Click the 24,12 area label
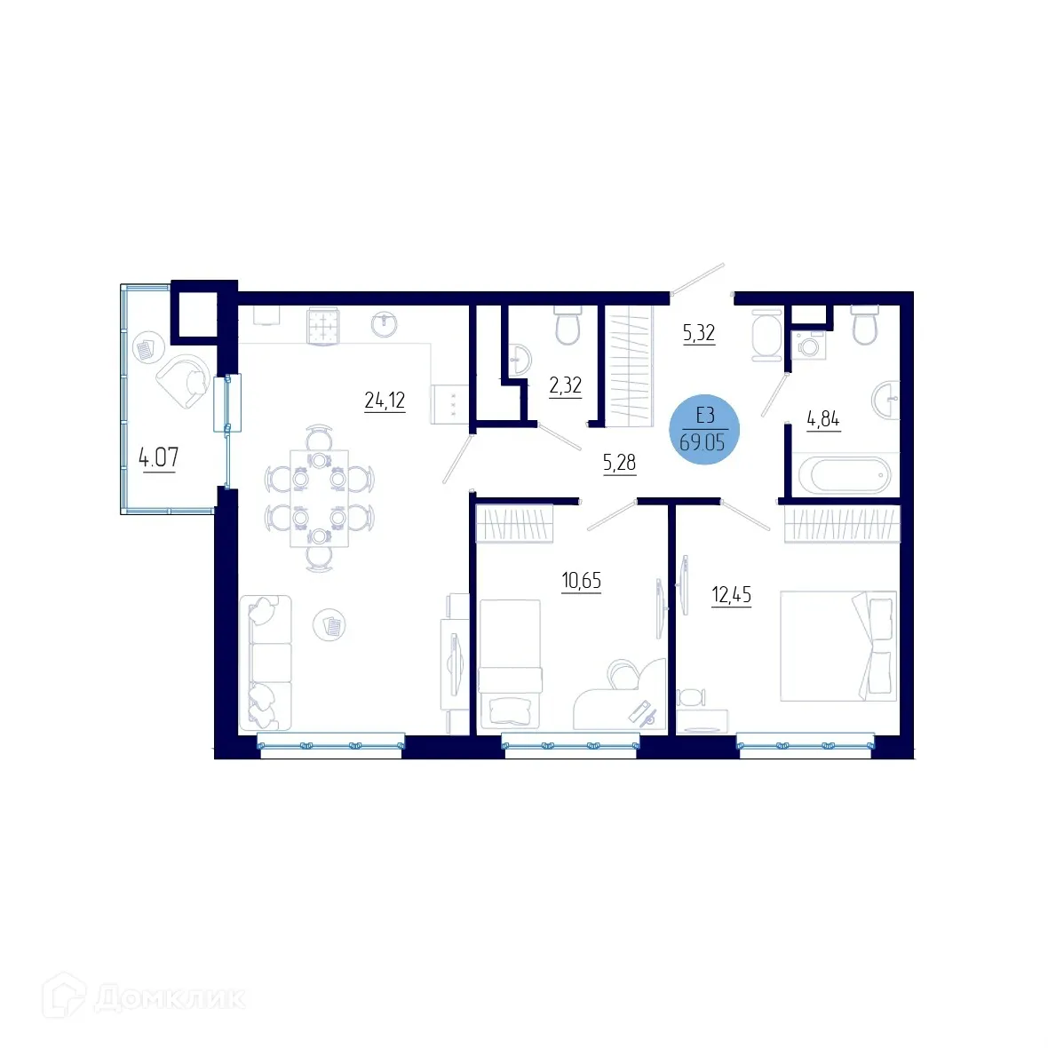coord(384,401)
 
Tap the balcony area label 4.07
coord(158,458)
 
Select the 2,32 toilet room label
coord(565,385)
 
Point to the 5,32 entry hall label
coord(698,334)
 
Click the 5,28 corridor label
coord(619,463)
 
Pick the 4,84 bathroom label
coord(822,419)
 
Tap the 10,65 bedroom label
coord(581,582)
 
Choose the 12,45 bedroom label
coord(731,595)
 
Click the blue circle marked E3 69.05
coord(703,430)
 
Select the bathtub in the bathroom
coord(843,476)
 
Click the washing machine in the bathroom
coord(808,345)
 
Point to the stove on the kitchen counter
coord(324,325)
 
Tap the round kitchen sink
coord(384,324)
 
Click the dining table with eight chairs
coord(319,498)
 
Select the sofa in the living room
coord(266,662)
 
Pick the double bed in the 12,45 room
coord(838,646)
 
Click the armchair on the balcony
coord(186,380)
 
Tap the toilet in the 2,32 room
coord(567,326)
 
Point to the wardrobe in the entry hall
coord(629,365)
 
